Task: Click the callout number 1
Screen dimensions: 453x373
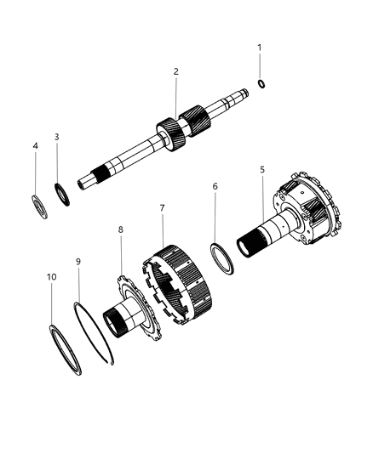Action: [x=260, y=48]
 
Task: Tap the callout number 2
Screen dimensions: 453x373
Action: [x=175, y=72]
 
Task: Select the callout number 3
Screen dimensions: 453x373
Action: [x=56, y=137]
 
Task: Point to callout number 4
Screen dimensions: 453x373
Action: [x=35, y=146]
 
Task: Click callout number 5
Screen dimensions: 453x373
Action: [x=261, y=170]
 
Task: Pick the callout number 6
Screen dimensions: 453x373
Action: [x=215, y=209]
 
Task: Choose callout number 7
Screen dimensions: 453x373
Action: [x=162, y=207]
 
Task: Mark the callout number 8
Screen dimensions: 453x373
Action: [x=120, y=229]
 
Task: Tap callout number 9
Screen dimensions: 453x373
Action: [x=77, y=263]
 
